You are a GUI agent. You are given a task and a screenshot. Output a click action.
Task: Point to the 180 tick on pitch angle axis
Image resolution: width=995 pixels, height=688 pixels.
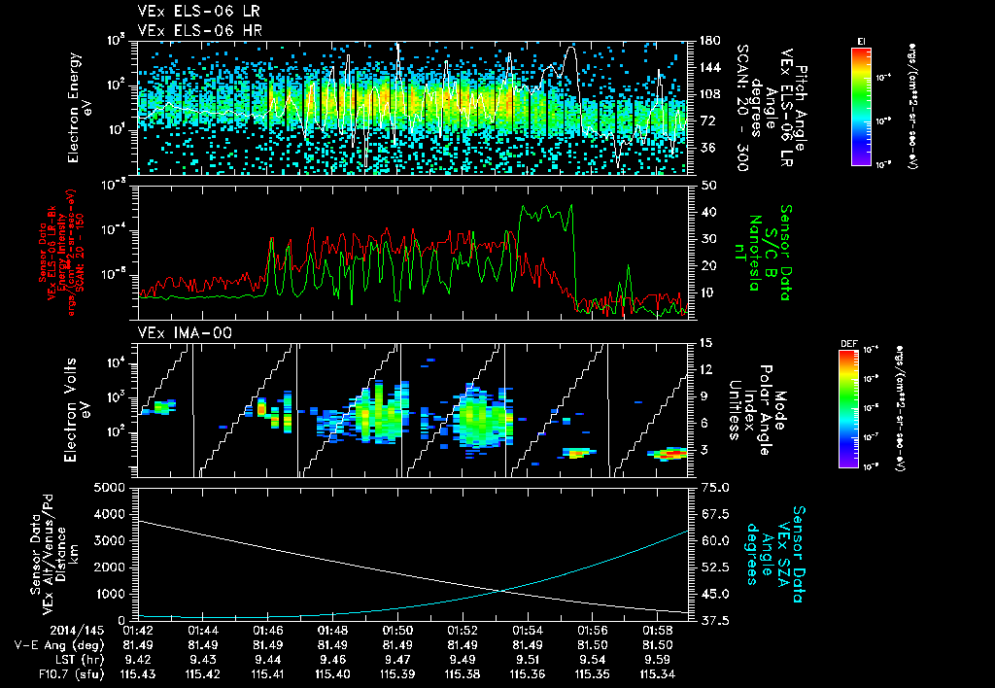click(x=707, y=41)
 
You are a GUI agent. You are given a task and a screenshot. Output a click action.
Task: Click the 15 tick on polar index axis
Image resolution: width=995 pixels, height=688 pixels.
click(x=704, y=342)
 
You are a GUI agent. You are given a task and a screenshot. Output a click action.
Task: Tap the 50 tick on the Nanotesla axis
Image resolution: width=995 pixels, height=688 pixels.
click(x=708, y=185)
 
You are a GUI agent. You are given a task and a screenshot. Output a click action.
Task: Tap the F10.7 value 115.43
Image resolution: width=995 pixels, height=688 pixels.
click(x=137, y=673)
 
